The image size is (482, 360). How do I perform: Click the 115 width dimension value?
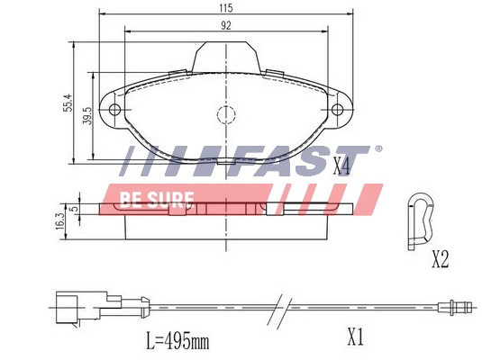pos(225,8)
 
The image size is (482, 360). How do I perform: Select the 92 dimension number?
pos(225,25)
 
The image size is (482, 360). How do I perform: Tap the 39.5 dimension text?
pos(87,116)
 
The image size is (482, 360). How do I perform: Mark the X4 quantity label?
pos(341,166)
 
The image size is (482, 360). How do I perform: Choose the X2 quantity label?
pos(440,260)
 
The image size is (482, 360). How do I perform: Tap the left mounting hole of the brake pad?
pos(114,112)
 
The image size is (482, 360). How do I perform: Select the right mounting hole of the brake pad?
pos(338,112)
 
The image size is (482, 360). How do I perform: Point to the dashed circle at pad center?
pos(225,114)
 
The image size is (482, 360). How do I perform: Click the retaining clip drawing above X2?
pos(420,219)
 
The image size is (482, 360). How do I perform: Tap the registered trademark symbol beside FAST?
pos(378,148)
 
